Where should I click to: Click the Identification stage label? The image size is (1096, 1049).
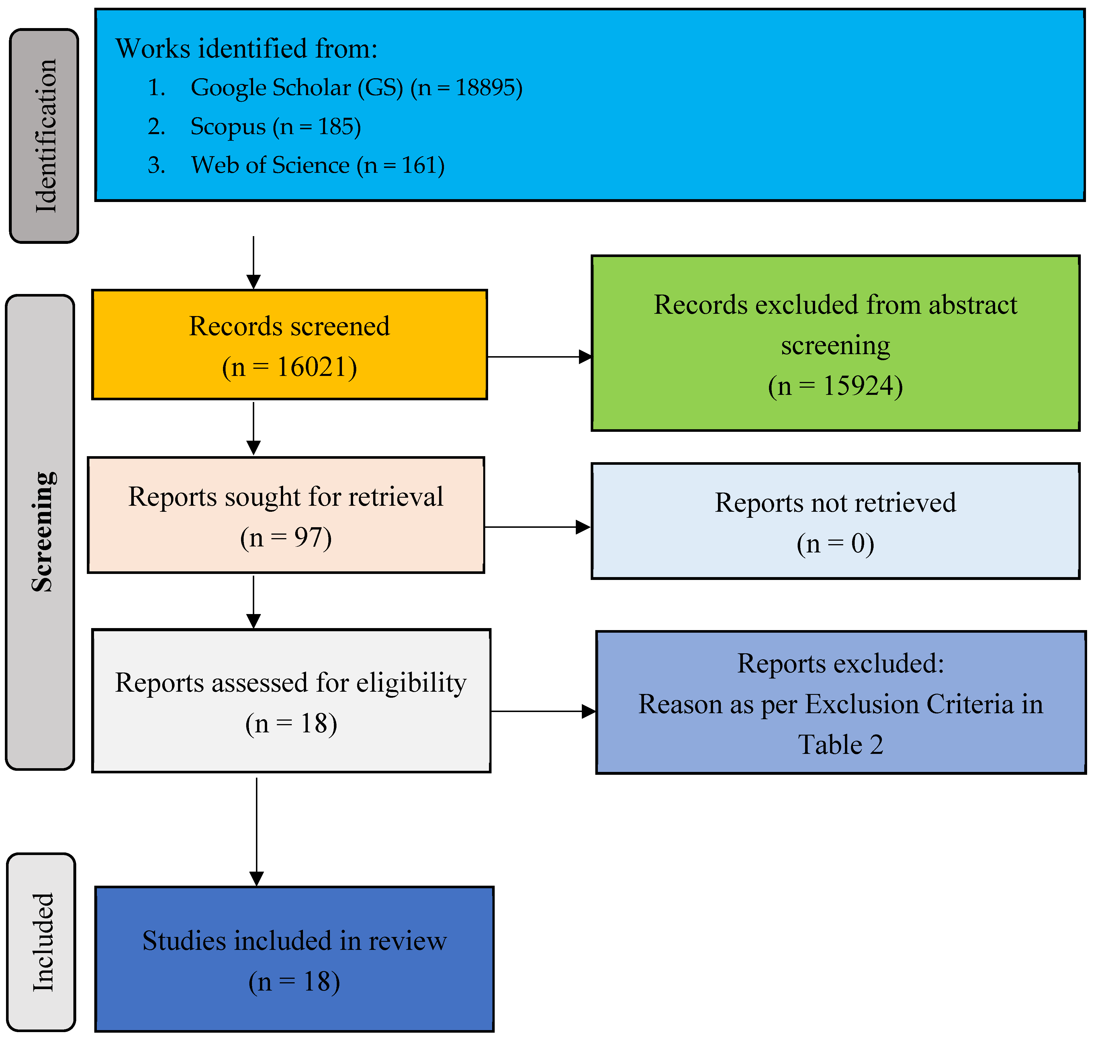(x=45, y=136)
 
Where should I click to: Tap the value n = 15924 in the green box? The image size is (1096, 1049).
(x=835, y=386)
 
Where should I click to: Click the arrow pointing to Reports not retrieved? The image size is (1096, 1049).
(x=537, y=527)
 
